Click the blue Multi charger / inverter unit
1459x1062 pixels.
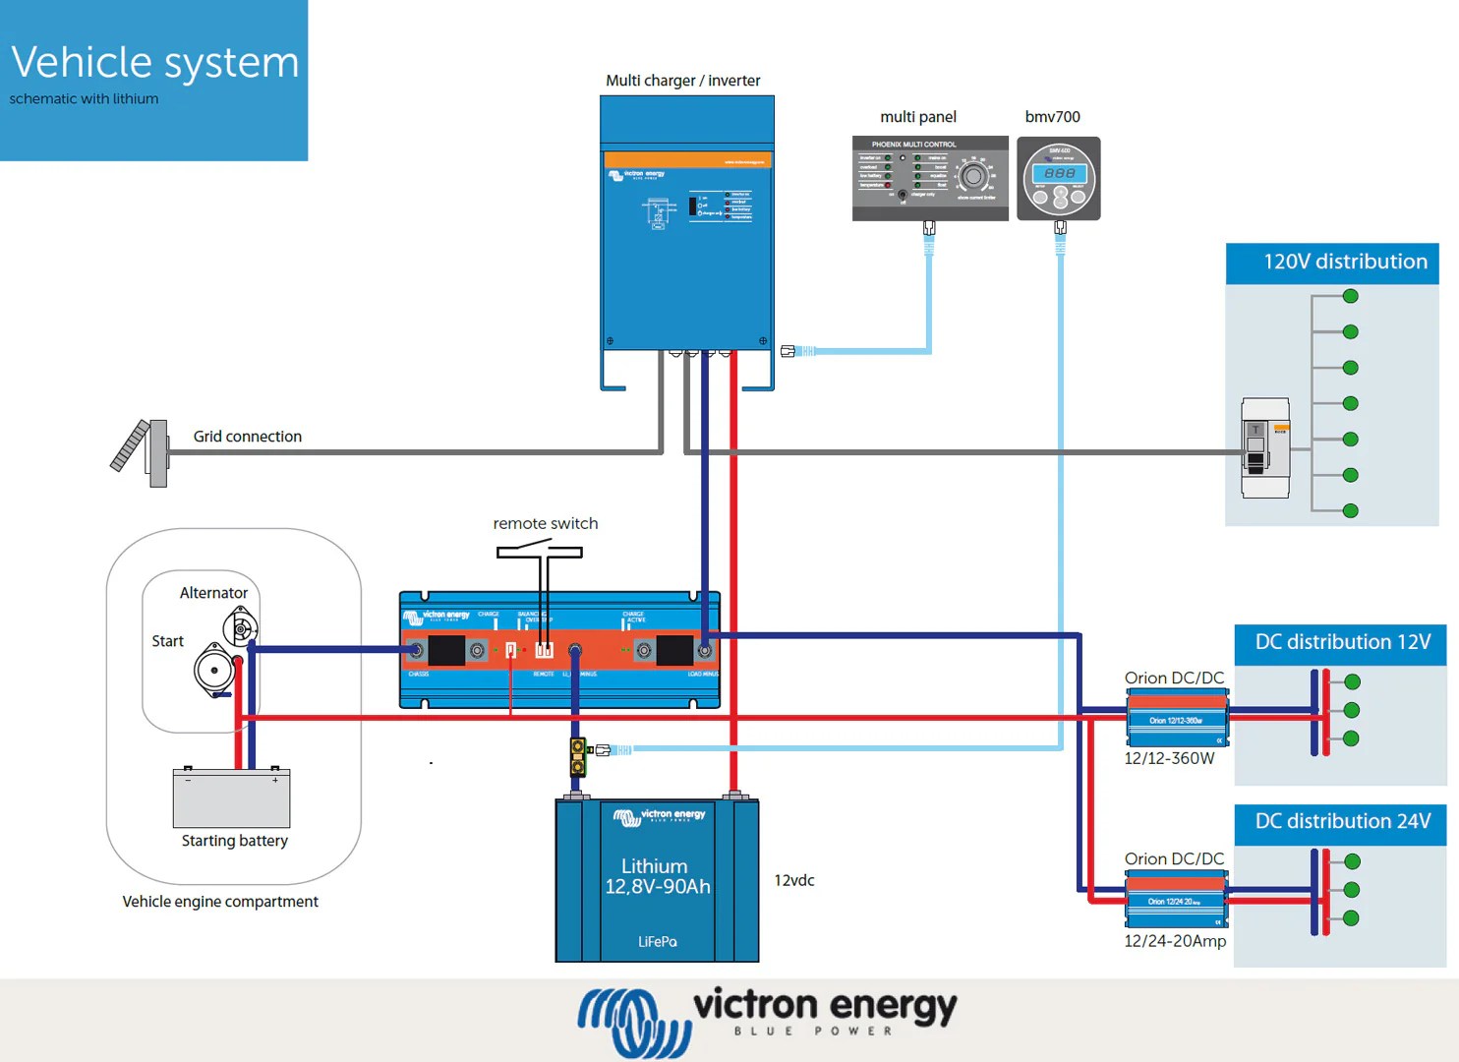point(686,236)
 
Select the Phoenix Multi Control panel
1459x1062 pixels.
point(929,177)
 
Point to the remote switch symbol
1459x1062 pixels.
point(541,553)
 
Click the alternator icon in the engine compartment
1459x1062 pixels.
point(240,626)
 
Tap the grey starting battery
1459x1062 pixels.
point(231,798)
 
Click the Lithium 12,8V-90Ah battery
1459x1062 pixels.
point(657,880)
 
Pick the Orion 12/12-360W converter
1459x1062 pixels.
point(1177,719)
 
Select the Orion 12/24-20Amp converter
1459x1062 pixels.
point(1176,900)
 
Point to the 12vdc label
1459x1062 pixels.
point(793,880)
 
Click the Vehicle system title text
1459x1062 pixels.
point(155,62)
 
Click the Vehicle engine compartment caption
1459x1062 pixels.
point(220,902)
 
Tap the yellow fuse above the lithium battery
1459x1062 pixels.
point(578,757)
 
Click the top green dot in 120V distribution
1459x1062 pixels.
point(1350,296)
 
